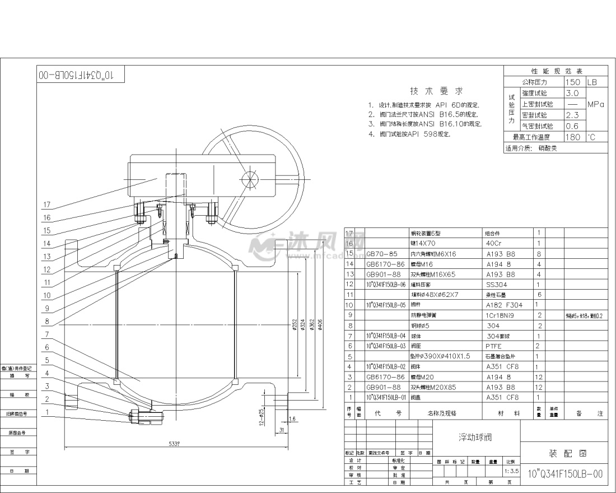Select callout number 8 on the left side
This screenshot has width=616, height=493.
(47, 322)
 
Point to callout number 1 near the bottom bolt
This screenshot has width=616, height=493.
(47, 412)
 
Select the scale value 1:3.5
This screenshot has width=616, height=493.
(510, 472)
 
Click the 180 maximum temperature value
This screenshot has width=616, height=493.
(573, 137)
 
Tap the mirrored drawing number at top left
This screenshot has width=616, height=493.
(79, 75)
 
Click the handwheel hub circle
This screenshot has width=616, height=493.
(248, 180)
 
